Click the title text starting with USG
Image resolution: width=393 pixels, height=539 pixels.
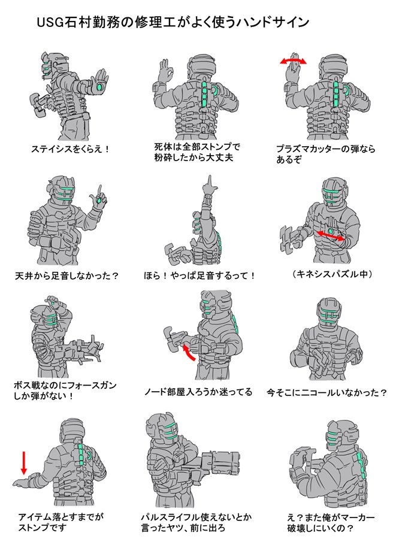[173, 22]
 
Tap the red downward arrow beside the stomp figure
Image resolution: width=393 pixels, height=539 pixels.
[24, 462]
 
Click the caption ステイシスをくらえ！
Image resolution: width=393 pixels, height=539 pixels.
[71, 149]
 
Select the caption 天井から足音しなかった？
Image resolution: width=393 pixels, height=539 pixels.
[67, 275]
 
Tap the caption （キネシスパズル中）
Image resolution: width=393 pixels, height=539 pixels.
[332, 274]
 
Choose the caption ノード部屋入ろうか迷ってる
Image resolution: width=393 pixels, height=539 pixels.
[198, 392]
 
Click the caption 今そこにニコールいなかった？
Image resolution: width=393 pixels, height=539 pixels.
[327, 392]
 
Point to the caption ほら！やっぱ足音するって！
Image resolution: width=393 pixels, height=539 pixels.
[199, 275]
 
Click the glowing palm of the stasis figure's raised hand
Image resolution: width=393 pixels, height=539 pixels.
[101, 87]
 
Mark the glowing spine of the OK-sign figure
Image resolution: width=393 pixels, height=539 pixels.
[204, 95]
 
